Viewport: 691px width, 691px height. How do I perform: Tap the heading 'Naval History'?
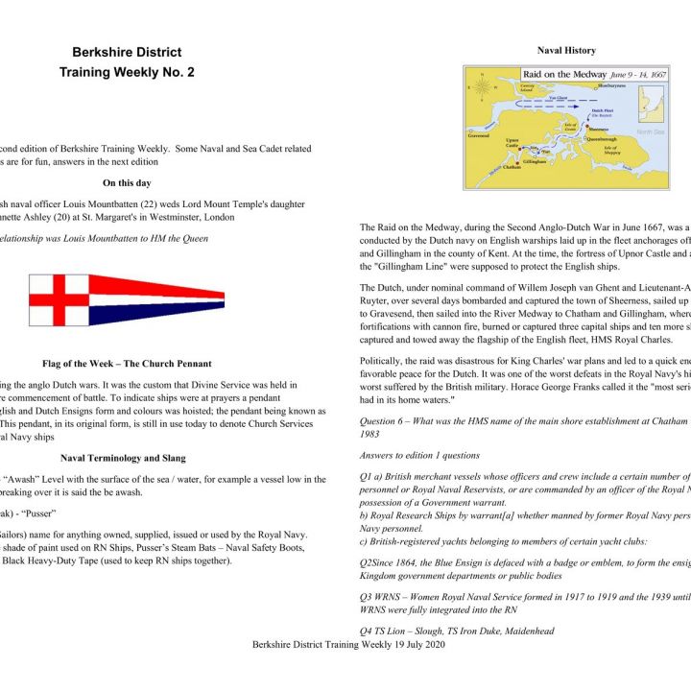pyautogui.click(x=565, y=50)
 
